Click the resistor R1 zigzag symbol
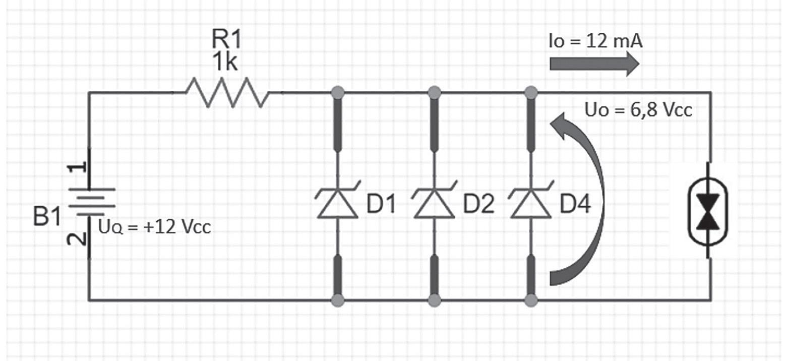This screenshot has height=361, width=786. pyautogui.click(x=227, y=92)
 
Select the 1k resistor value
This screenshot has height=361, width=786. pyautogui.click(x=225, y=64)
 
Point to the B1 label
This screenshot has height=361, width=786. pyautogui.click(x=47, y=218)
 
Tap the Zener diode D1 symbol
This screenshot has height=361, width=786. pyautogui.click(x=337, y=203)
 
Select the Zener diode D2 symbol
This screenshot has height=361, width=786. pyautogui.click(x=434, y=203)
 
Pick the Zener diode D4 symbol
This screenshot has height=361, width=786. pyautogui.click(x=530, y=203)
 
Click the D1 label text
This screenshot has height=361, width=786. pyautogui.click(x=382, y=205)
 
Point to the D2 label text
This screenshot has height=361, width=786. pyautogui.click(x=478, y=205)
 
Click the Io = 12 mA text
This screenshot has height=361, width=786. pyautogui.click(x=595, y=41)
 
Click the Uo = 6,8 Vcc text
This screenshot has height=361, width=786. pyautogui.click(x=638, y=109)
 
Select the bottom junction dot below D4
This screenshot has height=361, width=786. pyautogui.click(x=530, y=301)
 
